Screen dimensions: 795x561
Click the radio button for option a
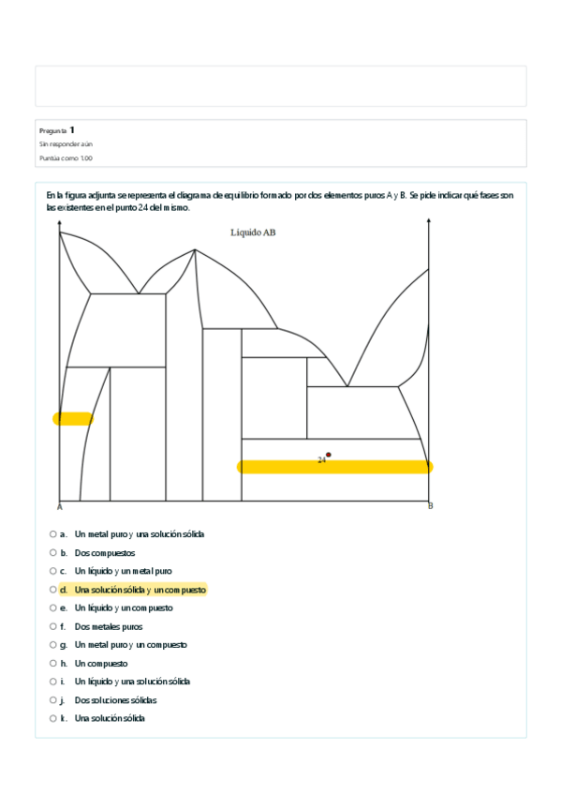pos(53,534)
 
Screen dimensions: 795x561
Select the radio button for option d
pos(53,590)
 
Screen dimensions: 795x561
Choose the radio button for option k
pos(53,718)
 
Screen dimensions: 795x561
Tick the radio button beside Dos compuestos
pos(53,553)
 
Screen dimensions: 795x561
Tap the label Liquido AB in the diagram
pos(253,232)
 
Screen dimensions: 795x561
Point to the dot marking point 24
pos(328,455)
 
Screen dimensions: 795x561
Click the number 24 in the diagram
pos(320,460)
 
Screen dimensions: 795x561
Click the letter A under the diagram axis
pos(59,507)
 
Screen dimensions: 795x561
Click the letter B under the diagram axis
pos(430,507)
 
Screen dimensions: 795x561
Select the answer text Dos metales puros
pos(109,626)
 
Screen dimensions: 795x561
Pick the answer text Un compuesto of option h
pos(101,664)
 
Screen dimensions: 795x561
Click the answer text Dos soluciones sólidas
pos(115,700)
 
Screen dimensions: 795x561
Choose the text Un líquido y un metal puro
pos(123,571)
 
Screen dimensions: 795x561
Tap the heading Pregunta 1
pos(57,130)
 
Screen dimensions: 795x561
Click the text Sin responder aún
pos(66,144)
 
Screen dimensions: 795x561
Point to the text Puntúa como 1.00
pos(66,158)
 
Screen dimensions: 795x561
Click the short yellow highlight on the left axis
pos(72,419)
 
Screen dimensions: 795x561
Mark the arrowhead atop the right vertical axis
pos(429,221)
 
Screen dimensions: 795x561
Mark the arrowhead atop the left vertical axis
pos(59,221)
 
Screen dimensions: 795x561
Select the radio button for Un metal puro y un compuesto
pos(53,645)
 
